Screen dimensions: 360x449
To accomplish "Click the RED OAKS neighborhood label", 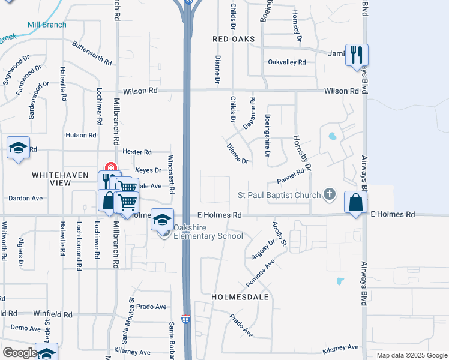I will click(x=234, y=39).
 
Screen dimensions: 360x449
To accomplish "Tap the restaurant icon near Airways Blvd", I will click(x=357, y=55).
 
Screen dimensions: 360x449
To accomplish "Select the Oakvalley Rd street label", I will click(x=287, y=62).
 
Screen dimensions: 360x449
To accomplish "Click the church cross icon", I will click(x=328, y=194).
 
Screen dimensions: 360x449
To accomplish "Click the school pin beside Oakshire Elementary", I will click(x=162, y=220).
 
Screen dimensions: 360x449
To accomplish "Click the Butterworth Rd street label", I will click(x=92, y=53).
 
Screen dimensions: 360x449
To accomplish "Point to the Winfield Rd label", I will click(x=52, y=314).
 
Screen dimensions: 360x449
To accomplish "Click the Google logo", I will click(x=20, y=353).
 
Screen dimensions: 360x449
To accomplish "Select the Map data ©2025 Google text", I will click(x=411, y=355).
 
